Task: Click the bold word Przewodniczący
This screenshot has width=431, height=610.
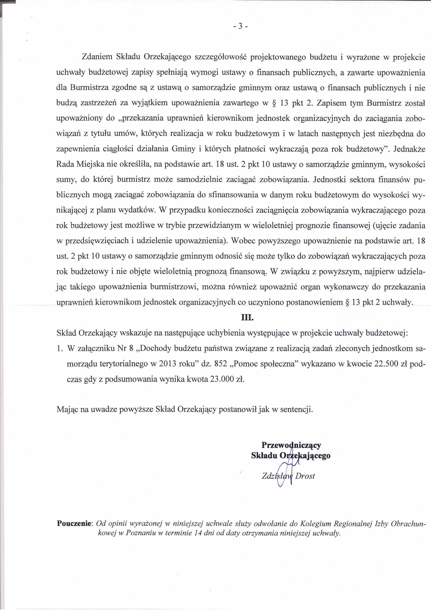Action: point(291,445)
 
